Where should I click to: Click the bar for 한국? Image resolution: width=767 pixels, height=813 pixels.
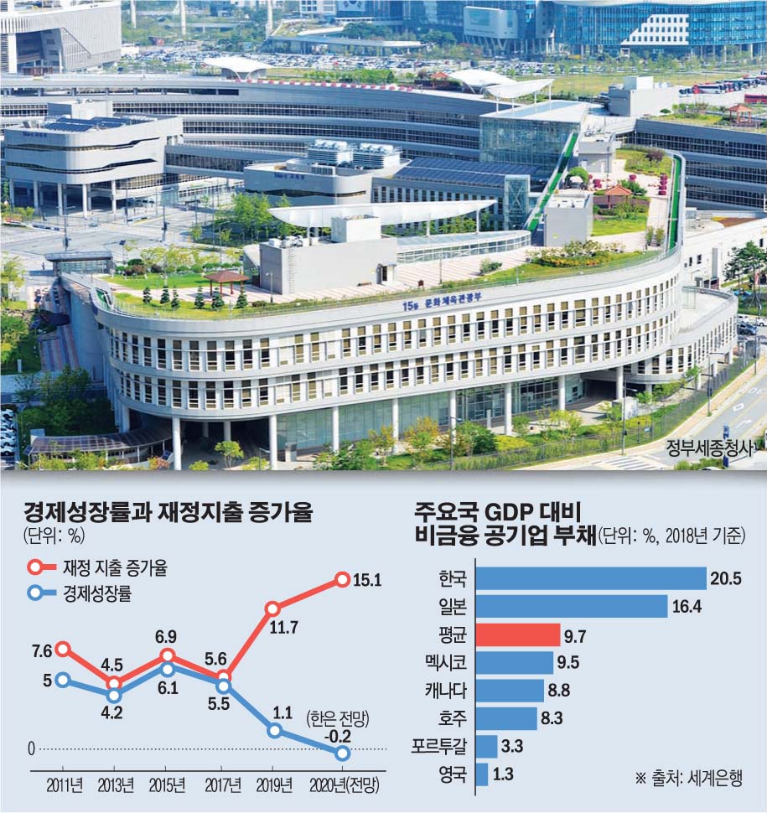coord(591,578)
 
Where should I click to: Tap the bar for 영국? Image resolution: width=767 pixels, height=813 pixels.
coord(481,774)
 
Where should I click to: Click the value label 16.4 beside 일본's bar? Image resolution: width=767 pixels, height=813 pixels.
coord(687,607)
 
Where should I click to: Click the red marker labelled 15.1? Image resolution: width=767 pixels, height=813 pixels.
coord(342,578)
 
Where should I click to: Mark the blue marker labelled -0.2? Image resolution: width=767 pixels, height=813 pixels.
coord(342,753)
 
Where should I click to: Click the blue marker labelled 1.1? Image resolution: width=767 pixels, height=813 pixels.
coord(272,731)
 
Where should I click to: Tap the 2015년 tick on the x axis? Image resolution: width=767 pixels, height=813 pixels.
coord(168,785)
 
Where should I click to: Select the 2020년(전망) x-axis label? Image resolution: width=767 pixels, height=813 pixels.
coord(344,785)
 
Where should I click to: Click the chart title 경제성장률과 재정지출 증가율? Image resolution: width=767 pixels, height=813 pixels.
coord(168,511)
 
